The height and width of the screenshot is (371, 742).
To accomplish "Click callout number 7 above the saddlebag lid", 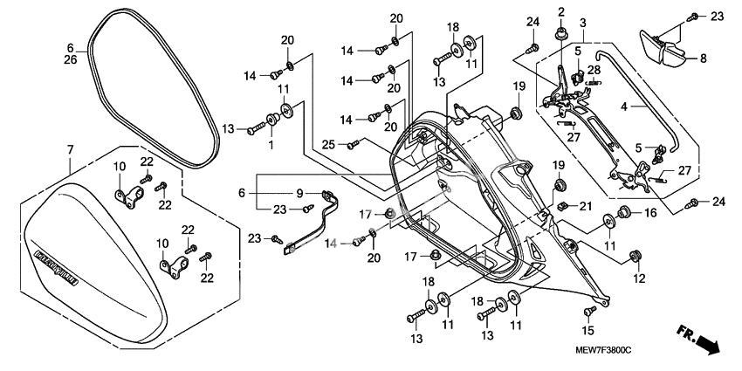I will click(70, 151).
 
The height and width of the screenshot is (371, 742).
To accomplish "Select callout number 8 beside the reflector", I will click(701, 59).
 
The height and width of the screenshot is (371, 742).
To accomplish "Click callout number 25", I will click(327, 144).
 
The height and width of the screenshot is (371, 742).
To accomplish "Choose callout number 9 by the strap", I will click(299, 193).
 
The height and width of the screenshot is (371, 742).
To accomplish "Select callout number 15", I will click(587, 331).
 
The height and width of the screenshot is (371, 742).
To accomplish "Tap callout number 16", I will click(649, 213).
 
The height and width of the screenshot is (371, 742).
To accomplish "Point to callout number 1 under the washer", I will click(270, 143).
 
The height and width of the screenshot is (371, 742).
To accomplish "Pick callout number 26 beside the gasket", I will click(71, 59).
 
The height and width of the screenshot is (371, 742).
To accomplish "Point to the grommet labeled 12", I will click(636, 256).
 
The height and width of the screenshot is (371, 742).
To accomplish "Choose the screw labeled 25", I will click(353, 144).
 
